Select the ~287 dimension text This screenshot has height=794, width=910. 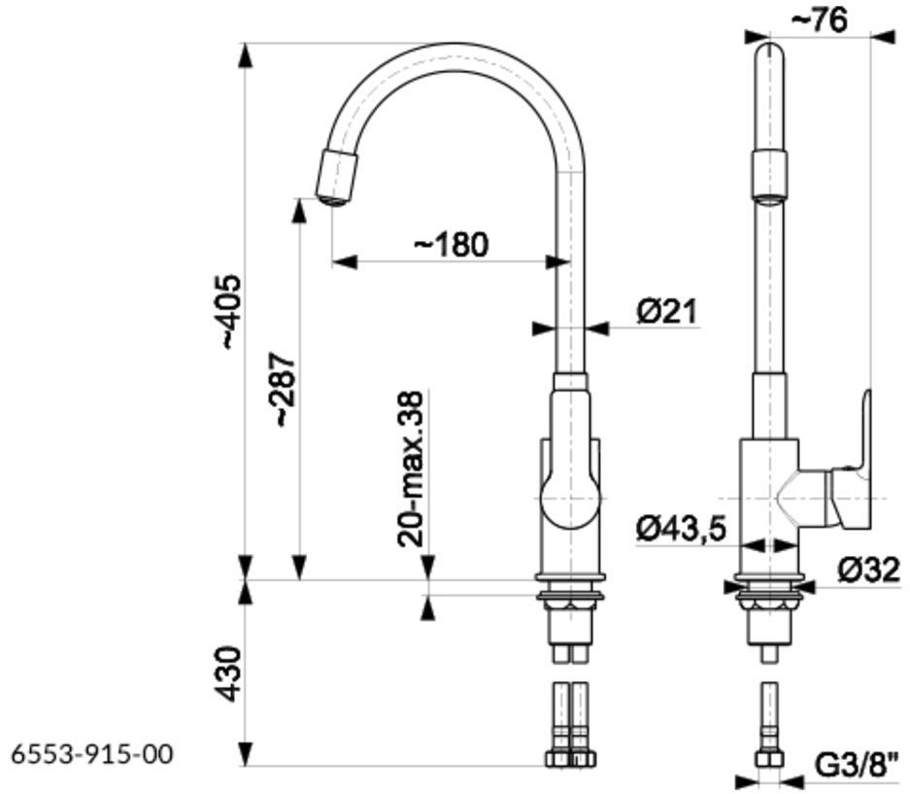(x=285, y=390)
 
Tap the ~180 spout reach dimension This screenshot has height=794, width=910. (x=451, y=245)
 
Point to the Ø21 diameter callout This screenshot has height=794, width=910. (x=667, y=311)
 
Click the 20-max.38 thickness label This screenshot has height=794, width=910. (x=410, y=468)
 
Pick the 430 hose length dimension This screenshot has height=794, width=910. (x=228, y=673)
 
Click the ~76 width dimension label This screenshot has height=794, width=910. (x=820, y=21)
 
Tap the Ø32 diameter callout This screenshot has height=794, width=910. (x=869, y=570)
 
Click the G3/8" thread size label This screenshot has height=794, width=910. (x=858, y=765)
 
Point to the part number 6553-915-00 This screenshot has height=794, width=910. (x=92, y=754)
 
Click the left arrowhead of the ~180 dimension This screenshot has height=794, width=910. (x=344, y=261)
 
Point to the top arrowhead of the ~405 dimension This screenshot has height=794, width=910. (x=246, y=55)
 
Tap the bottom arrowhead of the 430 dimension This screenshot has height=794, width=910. (x=246, y=753)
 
